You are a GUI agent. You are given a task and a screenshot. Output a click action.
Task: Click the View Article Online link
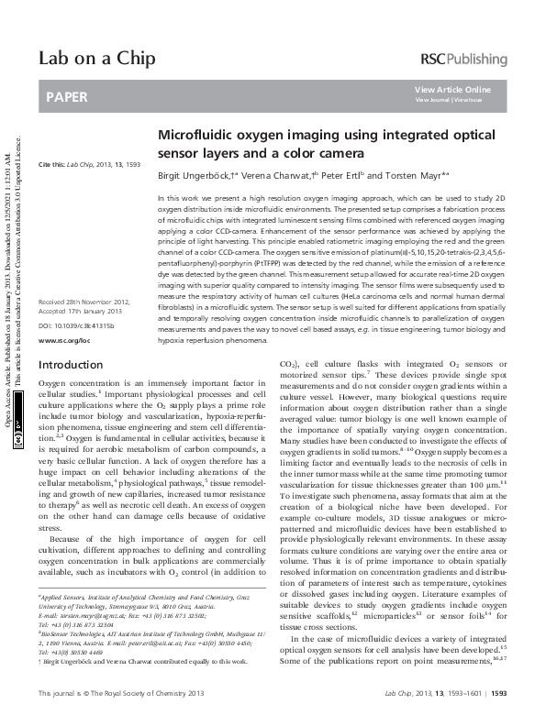point(452,89)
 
